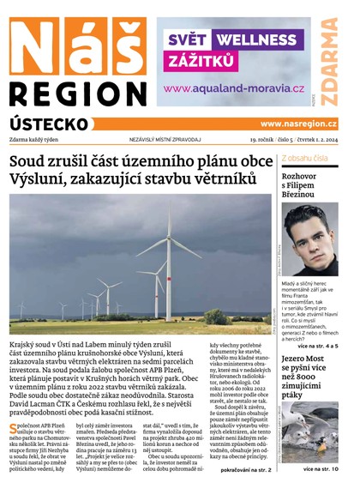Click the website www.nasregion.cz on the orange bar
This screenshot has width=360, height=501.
coord(298,124)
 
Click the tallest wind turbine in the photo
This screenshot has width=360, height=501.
coord(169,257)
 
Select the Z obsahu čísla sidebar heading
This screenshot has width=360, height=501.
coord(308,159)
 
